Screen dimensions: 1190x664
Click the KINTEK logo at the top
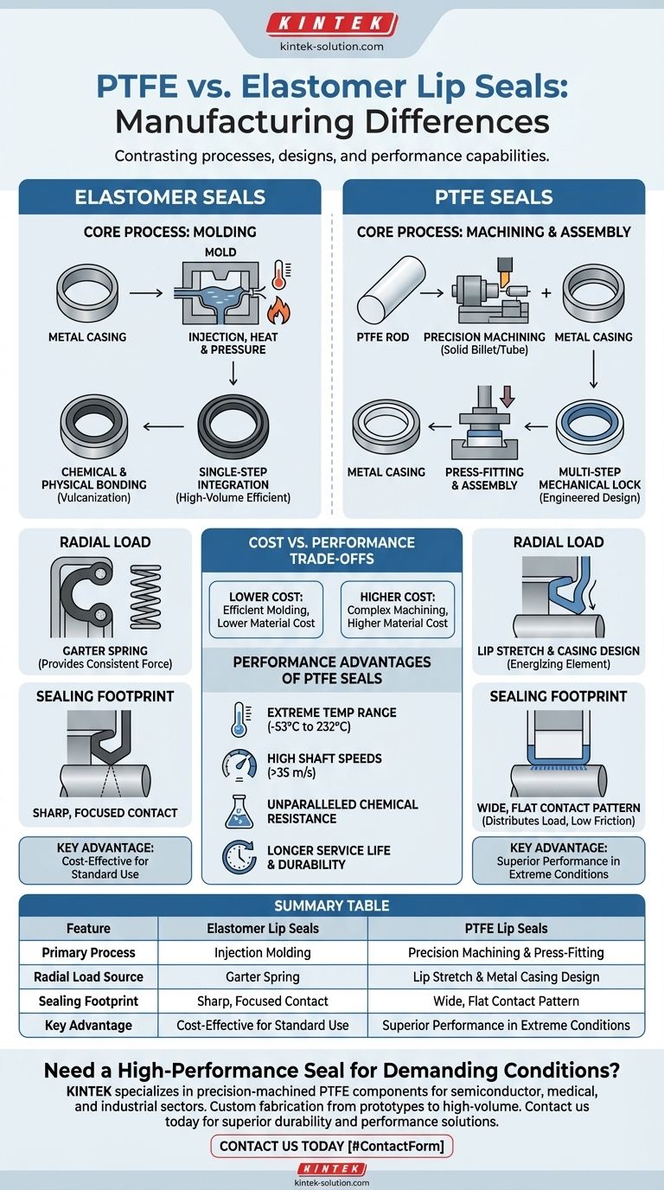click(332, 23)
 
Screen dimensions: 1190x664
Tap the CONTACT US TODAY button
click(332, 1146)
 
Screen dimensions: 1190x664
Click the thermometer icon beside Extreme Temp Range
click(239, 719)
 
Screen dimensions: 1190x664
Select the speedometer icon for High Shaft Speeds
click(239, 765)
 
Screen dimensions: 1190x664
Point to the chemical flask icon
click(239, 810)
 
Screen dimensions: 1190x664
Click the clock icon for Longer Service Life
click(239, 856)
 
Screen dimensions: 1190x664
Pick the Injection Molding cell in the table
click(263, 952)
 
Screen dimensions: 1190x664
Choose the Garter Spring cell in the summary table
click(263, 976)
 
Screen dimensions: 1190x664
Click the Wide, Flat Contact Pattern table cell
click(506, 1001)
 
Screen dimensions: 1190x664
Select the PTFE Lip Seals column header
click(506, 928)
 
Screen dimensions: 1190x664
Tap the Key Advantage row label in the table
click(88, 1025)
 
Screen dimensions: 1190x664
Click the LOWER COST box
click(265, 609)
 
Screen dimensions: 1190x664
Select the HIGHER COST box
click(398, 609)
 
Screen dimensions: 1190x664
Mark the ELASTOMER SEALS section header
click(170, 197)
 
